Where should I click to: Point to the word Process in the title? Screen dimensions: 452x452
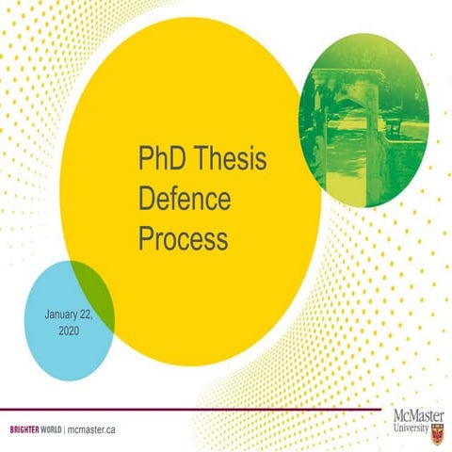tap(183, 239)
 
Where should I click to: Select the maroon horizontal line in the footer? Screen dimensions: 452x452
tap(188, 410)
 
